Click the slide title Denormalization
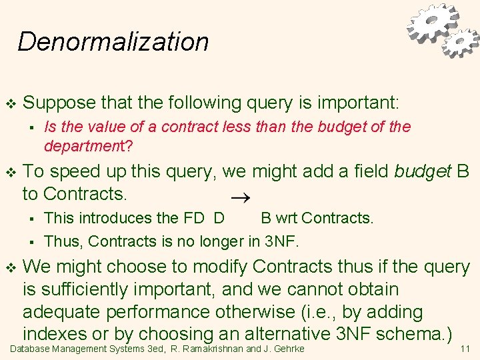[113, 41]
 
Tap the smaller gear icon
[461, 43]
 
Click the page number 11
[465, 349]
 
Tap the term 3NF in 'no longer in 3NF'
[281, 240]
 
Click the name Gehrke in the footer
[287, 349]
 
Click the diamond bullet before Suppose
[10, 103]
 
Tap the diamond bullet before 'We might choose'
[10, 267]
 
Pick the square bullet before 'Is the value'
[30, 127]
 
